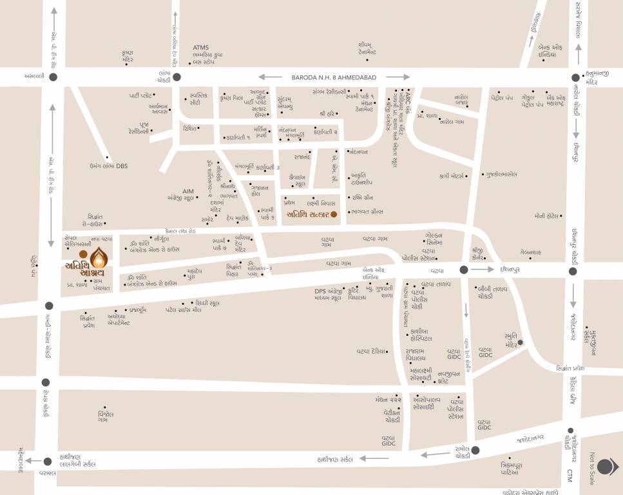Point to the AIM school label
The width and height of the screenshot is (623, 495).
pyautogui.click(x=188, y=191)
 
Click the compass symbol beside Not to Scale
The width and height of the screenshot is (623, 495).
pyautogui.click(x=607, y=467)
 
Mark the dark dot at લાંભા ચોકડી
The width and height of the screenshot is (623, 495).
pyautogui.click(x=177, y=77)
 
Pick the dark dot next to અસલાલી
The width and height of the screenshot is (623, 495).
pyautogui.click(x=52, y=77)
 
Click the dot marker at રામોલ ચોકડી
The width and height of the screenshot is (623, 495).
pyautogui.click(x=475, y=451)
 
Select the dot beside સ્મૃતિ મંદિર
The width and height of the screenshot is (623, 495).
pyautogui.click(x=521, y=342)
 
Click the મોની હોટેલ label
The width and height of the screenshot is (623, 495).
pyautogui.click(x=545, y=216)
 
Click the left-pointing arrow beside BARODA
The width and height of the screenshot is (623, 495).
pyautogui.click(x=271, y=77)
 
